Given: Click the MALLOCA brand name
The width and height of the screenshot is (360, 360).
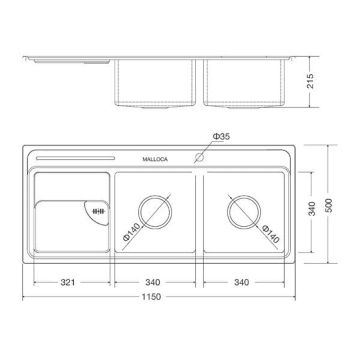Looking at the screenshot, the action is coord(155,159).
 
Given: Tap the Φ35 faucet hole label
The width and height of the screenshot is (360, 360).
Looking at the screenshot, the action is coord(221,136).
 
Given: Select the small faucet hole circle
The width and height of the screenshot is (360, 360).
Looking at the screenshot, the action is coord(199,157).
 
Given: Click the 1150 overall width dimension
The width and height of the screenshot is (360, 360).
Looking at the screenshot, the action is coord(151,297).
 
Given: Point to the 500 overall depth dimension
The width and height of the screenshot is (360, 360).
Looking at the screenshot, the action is coord(329,206).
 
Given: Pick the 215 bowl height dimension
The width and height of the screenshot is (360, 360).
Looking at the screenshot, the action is coord(310,81).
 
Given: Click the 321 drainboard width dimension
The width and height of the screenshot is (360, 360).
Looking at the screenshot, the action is coord(68,283).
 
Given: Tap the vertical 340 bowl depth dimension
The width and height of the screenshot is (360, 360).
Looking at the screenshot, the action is coord(311,209).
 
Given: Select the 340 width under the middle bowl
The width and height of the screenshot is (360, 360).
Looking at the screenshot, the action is coord(153,283).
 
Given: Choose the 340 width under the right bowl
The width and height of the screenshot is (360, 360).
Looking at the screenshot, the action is coord(242,283).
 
